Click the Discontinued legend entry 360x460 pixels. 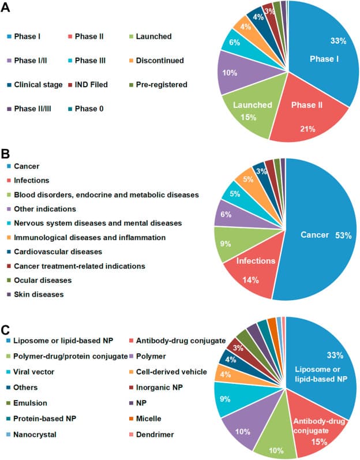[x=157, y=60]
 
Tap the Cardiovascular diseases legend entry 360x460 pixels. [x=57, y=252]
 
